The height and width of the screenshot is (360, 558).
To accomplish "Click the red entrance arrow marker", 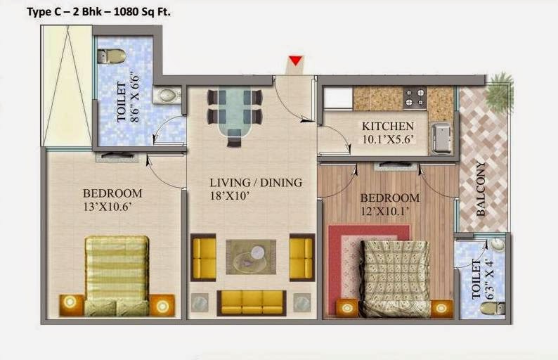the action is (295, 61).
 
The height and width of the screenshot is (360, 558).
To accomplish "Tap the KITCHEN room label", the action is (388, 126).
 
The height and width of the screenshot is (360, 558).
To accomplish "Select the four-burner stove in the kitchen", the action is (415, 98).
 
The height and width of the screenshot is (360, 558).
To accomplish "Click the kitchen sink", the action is (441, 137).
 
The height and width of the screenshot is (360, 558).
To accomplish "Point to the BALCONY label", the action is (481, 188).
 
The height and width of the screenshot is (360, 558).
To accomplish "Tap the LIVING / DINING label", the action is (256, 183).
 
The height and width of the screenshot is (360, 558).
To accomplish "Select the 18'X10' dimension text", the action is (229, 195).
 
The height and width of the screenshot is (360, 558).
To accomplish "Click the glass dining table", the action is (235, 111).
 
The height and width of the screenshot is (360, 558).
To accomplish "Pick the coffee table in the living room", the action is (251, 257).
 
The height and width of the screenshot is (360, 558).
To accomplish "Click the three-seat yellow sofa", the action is (252, 302).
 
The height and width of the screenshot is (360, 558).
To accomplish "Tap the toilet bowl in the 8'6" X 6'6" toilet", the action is (111, 56).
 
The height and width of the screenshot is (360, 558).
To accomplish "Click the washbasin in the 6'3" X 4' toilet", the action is (497, 244).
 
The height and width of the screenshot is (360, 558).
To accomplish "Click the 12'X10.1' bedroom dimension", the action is (384, 211).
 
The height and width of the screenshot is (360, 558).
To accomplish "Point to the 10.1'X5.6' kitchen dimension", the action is (389, 139).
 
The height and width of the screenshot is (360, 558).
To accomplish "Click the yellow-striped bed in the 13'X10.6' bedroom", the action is (117, 276).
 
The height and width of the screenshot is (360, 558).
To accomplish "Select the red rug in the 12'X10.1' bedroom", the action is (369, 270).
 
